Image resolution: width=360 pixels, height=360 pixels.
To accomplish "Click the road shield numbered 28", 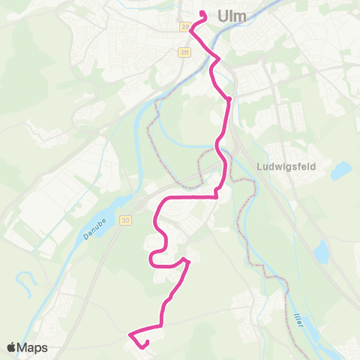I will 184,27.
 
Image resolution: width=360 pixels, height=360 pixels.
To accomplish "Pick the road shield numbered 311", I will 184,52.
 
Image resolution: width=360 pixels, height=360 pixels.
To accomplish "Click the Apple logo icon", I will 12,347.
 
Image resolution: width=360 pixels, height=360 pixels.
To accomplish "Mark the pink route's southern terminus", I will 144,344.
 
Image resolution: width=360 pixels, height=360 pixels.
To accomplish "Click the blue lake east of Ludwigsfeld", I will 341,171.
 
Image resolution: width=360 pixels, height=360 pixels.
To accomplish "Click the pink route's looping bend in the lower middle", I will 154,259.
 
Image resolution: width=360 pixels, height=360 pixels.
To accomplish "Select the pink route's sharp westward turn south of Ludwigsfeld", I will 216,196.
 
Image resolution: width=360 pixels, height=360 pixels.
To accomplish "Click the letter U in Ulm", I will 223,16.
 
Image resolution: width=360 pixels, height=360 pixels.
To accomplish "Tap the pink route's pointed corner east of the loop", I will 187,262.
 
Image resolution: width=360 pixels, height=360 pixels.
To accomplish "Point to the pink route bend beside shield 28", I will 192,29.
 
